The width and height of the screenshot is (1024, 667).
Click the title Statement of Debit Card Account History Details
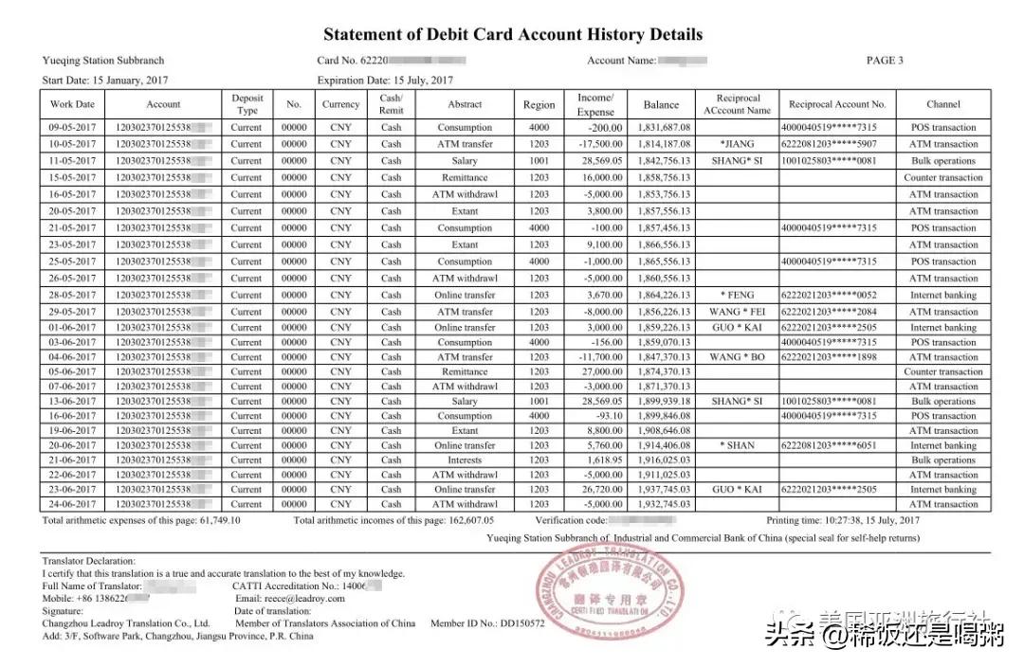513,35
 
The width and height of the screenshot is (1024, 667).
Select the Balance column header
661,104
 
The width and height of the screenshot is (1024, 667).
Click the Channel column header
942,104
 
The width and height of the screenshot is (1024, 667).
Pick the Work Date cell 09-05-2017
72,127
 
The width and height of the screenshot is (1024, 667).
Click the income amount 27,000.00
599,372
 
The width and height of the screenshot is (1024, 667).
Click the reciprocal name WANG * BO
738,357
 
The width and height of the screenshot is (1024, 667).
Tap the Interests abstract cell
465,460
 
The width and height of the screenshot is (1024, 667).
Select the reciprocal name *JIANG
738,144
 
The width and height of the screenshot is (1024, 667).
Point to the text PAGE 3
885,61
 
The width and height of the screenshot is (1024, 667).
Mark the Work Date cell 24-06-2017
72,505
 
